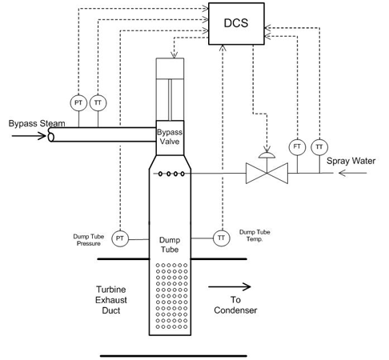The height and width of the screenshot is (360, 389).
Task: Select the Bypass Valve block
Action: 170,138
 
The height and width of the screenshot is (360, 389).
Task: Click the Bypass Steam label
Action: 37,123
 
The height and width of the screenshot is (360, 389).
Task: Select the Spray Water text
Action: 351,161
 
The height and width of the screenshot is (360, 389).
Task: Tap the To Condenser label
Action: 235,305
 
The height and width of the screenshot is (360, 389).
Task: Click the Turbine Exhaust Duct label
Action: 111,300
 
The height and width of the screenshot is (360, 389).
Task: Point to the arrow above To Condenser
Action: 230,286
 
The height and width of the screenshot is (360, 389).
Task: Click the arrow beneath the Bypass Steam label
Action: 29,136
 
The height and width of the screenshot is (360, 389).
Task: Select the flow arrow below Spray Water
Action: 352,174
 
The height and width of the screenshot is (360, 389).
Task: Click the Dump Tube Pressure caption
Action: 89,240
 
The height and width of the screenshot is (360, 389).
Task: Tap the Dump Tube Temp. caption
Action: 255,235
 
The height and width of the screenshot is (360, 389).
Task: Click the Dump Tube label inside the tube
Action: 170,245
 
